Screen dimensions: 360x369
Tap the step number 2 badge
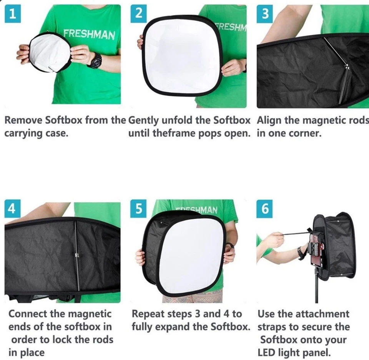point(139,13)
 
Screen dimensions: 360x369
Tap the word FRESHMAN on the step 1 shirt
point(89,35)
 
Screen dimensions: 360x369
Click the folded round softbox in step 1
point(49,53)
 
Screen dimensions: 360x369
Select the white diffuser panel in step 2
point(177,56)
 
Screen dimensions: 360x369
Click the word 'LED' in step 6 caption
point(267,353)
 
